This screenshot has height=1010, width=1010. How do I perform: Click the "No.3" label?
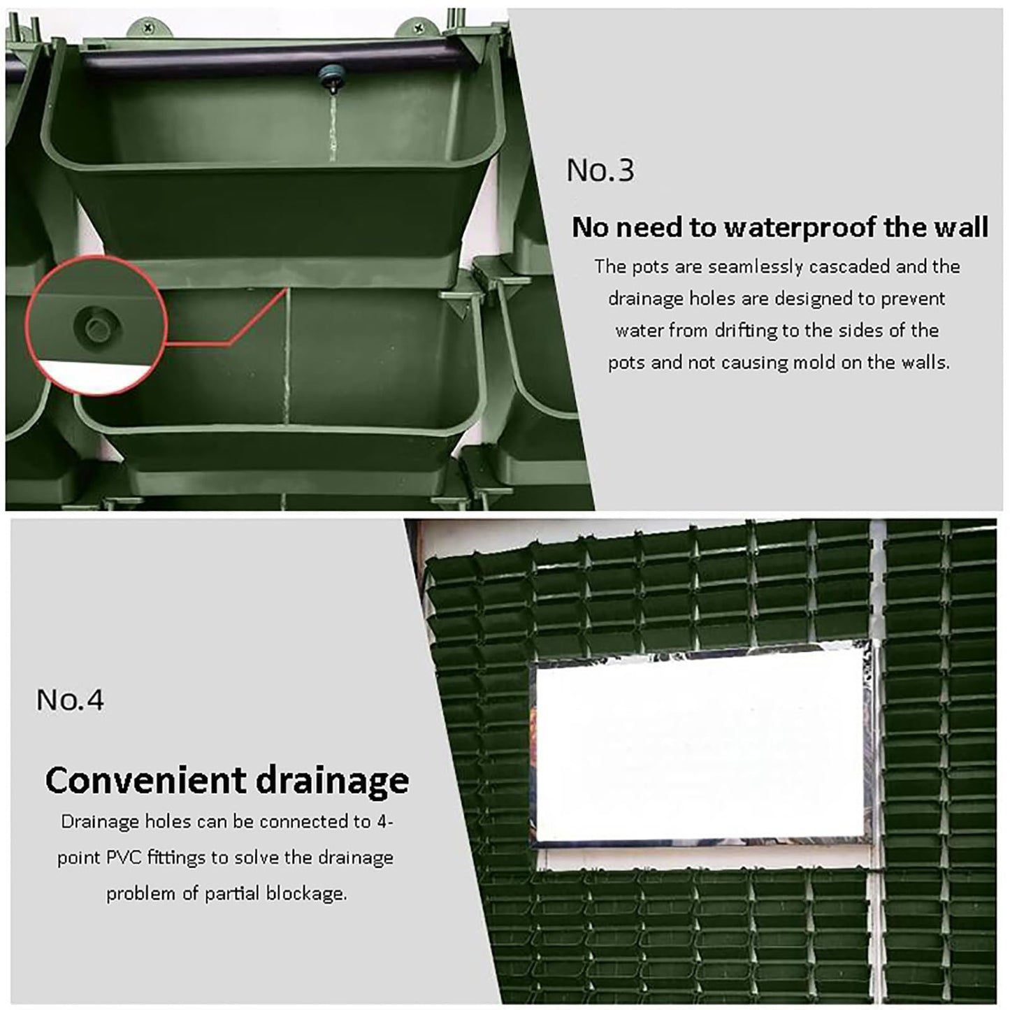coord(600,171)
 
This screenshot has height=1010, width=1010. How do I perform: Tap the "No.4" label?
coord(70,699)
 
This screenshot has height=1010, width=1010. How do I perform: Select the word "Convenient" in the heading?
coord(144,781)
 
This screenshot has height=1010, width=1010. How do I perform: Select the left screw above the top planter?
coord(149,24)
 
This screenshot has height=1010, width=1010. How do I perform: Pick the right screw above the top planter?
coord(418,25)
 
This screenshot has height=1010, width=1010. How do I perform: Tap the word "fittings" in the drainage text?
coord(177,858)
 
